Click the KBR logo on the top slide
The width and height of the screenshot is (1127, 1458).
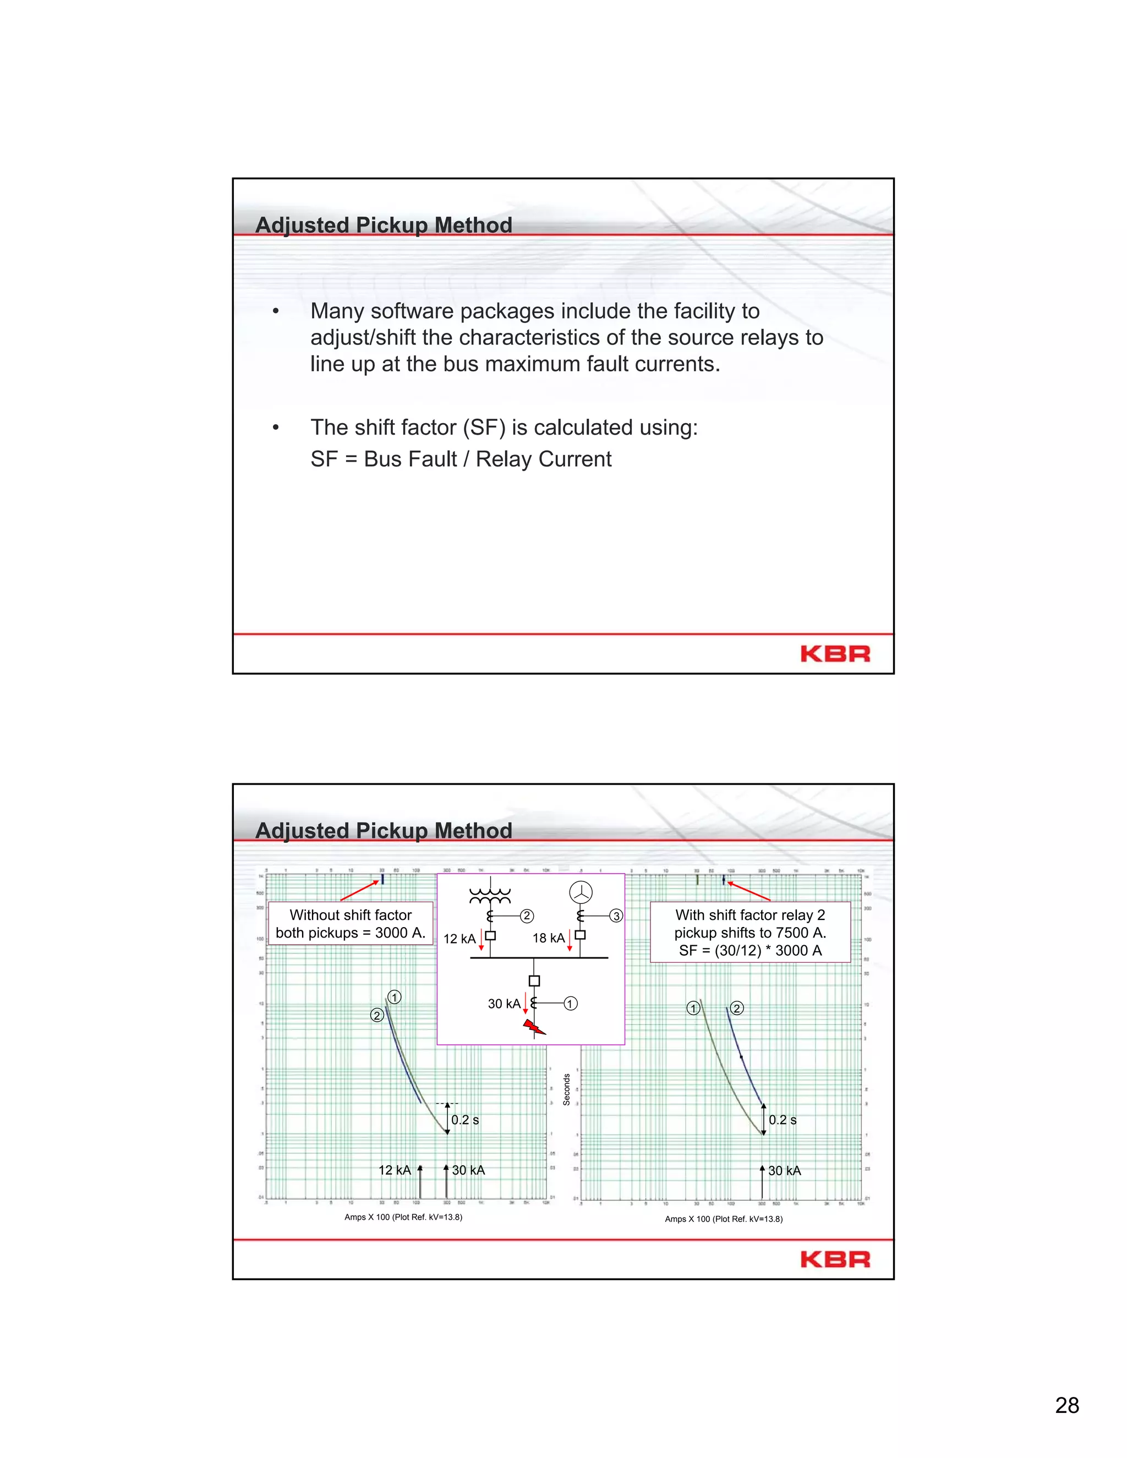coord(835,654)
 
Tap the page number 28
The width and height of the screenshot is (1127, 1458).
coord(1067,1405)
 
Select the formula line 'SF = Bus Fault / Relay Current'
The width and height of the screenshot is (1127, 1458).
coord(461,459)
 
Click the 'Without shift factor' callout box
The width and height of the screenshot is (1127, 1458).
coord(351,923)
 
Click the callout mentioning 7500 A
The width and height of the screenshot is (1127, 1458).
coord(750,932)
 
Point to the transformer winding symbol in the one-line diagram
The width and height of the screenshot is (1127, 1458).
coord(490,895)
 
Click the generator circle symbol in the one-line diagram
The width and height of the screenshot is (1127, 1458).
coord(581,892)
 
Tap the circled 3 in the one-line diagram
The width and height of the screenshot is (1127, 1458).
coord(616,916)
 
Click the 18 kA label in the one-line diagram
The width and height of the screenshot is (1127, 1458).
coord(548,938)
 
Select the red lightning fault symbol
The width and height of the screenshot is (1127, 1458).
coord(533,1027)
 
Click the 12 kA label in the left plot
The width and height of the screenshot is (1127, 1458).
coord(394,1170)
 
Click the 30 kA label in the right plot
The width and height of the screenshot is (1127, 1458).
coord(785,1171)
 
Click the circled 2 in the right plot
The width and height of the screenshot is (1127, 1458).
coord(736,1008)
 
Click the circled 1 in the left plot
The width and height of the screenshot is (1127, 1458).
coord(395,997)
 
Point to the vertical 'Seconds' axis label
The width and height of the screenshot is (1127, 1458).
coord(566,1089)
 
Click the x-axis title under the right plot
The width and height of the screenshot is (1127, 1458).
coord(723,1219)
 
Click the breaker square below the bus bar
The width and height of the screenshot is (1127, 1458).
coord(534,980)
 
